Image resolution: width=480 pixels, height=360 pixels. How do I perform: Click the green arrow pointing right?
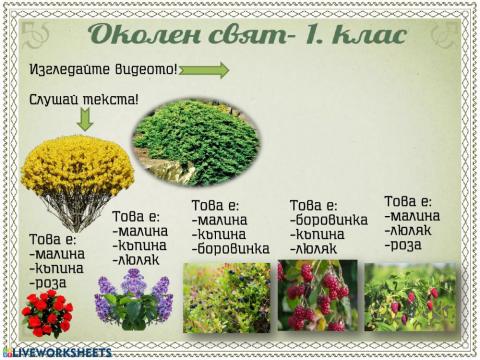tap(204, 70)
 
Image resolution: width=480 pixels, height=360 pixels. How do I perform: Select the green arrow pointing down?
tap(85, 118)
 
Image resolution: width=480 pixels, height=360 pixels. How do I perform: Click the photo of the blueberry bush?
tap(226, 297)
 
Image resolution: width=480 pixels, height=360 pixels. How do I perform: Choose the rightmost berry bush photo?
tap(410, 296)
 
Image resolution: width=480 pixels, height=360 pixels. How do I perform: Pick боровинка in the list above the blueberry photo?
tap(233, 248)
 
